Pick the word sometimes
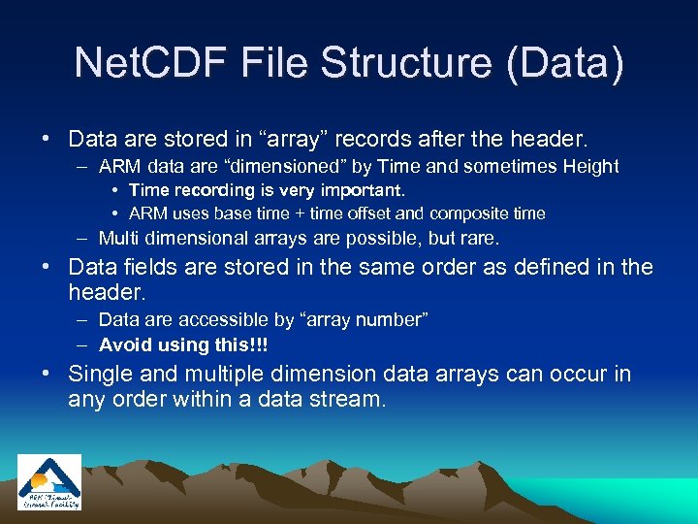tap(493, 167)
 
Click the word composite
tap(468, 213)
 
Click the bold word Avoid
tap(125, 344)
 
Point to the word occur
tap(577, 374)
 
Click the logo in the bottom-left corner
tap(49, 482)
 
